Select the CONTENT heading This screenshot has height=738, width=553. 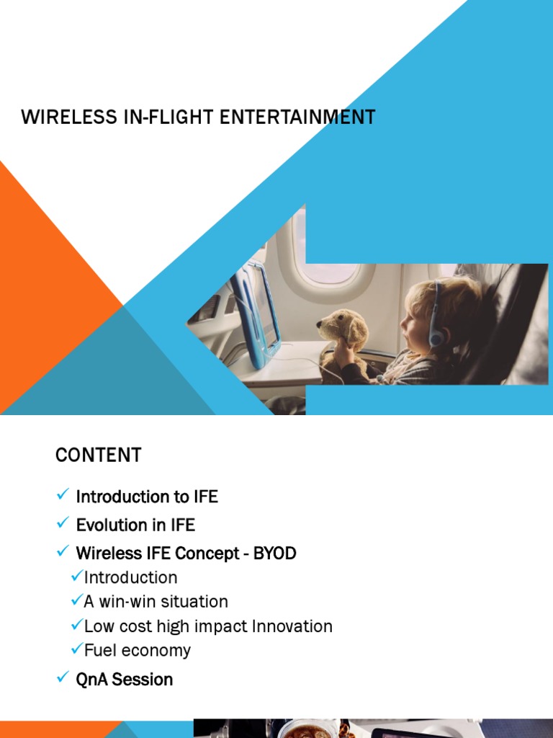[99, 455]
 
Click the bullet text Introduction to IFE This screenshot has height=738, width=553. [147, 497]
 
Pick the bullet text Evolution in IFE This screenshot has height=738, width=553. [135, 525]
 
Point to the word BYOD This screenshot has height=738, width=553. [274, 553]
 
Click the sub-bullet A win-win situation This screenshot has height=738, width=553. [156, 602]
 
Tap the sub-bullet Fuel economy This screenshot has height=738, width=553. [138, 650]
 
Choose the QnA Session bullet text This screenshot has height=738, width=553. [124, 679]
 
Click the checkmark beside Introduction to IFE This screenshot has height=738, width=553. [62, 495]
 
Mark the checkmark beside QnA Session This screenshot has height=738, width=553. [62, 677]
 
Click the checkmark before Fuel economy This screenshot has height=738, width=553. [77, 649]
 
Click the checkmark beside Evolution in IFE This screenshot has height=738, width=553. [62, 523]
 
